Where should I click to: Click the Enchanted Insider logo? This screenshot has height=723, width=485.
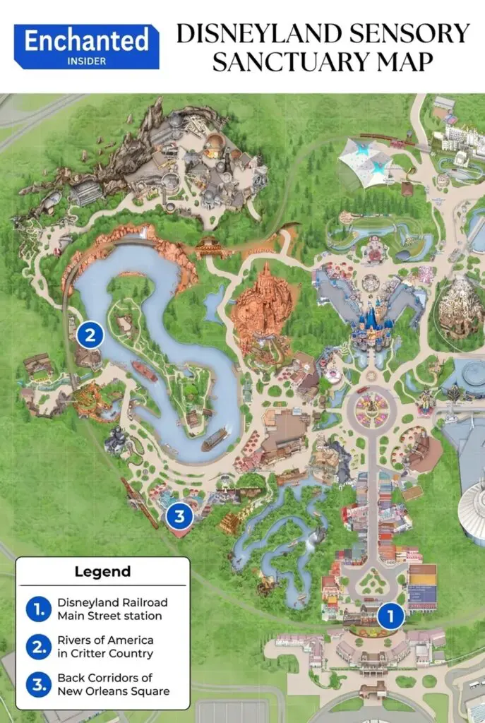87,46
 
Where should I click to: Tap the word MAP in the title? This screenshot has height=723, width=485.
400,61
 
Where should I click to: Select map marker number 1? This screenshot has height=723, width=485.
390,616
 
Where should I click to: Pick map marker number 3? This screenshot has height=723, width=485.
179,516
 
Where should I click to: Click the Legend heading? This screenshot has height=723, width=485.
102,572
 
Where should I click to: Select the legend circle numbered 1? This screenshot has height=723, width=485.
38,609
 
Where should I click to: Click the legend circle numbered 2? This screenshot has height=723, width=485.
38,647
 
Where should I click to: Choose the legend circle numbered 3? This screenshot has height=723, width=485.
38,684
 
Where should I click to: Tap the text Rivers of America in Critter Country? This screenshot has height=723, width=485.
105,647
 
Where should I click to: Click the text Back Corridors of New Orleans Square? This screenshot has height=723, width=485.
113,684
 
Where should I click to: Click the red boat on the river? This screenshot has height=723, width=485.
144,371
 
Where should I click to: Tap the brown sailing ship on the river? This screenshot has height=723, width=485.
215,440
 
